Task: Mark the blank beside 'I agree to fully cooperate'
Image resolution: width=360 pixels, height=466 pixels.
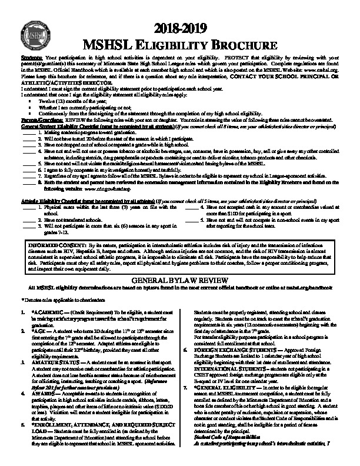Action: coord(26,168)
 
